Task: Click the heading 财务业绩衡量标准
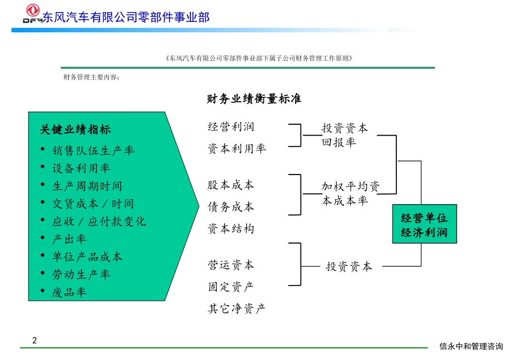tap(254, 99)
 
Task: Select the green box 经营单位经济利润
tap(424, 225)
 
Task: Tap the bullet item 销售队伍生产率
tap(93, 150)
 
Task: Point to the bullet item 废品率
tap(70, 292)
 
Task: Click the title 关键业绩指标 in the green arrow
tap(76, 130)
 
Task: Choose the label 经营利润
tap(231, 127)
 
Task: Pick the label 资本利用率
tap(237, 149)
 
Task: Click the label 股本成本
tap(231, 185)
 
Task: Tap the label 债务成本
tap(231, 207)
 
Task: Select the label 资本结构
tap(231, 229)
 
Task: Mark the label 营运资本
tap(231, 265)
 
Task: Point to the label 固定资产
tap(231, 287)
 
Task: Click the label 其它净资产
tap(237, 309)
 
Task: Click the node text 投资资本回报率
tap(345, 135)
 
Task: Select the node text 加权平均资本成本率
tap(350, 193)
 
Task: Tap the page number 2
tap(35, 340)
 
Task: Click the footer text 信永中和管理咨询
tap(471, 346)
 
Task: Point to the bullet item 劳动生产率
tap(82, 274)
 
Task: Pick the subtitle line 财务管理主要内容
tap(91, 77)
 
